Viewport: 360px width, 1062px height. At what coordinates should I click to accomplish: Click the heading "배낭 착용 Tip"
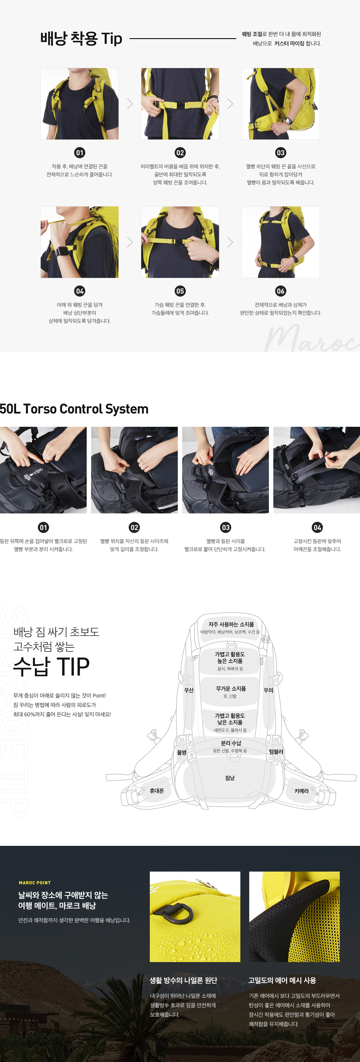click(x=81, y=39)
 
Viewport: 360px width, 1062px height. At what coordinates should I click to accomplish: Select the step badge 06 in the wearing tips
click(x=281, y=291)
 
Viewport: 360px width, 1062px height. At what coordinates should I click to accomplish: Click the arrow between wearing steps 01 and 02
click(x=130, y=104)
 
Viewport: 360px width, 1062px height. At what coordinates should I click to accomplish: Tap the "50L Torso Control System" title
click(x=74, y=409)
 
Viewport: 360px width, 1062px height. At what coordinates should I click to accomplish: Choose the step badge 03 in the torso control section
click(x=226, y=527)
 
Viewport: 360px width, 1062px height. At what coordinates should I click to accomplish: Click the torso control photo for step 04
click(x=316, y=470)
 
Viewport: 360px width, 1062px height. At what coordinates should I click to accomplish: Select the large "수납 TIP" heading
click(x=52, y=667)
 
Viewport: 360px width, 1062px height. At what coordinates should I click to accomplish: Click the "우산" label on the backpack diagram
click(x=189, y=690)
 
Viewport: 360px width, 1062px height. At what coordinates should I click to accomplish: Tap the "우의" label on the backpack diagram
click(x=268, y=690)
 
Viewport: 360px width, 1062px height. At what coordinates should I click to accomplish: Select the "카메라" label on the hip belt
click(x=302, y=791)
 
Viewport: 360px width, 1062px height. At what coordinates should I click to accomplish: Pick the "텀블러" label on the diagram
click(x=276, y=751)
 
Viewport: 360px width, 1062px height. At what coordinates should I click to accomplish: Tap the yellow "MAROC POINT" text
click(x=35, y=883)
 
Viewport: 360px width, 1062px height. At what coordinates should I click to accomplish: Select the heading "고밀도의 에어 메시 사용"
click(x=282, y=980)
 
